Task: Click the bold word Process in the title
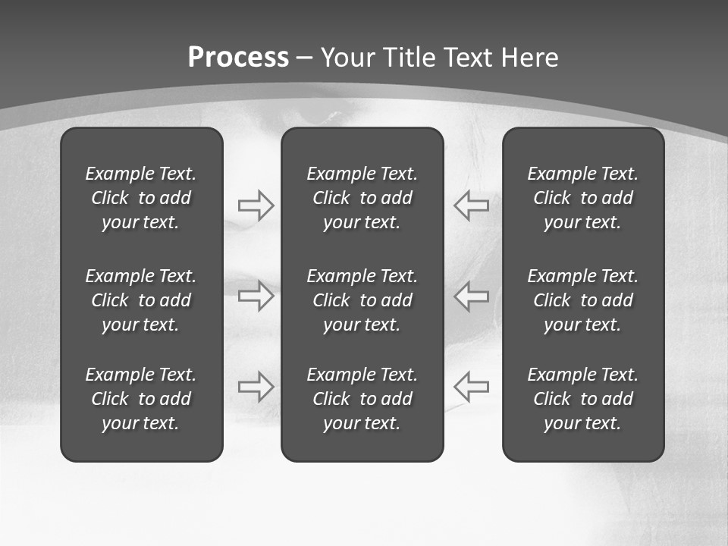(x=238, y=58)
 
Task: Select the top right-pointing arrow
(x=256, y=206)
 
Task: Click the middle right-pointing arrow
(x=256, y=296)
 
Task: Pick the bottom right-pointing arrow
(x=256, y=386)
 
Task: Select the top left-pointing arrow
(x=471, y=206)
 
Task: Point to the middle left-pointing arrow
(x=471, y=296)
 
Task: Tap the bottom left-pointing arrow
(x=471, y=386)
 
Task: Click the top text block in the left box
(x=141, y=198)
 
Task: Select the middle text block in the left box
(x=141, y=300)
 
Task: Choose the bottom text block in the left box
(x=141, y=399)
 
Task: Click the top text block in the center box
(x=362, y=198)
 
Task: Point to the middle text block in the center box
(x=362, y=300)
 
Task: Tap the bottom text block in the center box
(x=362, y=399)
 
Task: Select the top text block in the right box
(x=582, y=198)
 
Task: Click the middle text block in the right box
(x=582, y=300)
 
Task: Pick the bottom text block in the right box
(x=582, y=399)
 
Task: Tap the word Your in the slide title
(x=348, y=58)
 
